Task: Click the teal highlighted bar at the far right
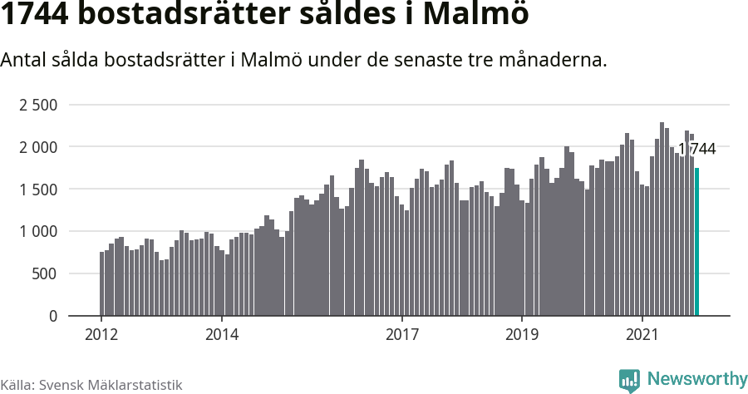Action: point(697,242)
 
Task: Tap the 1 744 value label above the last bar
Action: point(696,149)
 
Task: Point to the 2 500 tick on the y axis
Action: point(38,105)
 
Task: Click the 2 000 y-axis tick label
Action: point(38,147)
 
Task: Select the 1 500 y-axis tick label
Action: point(38,190)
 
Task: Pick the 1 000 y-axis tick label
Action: point(38,232)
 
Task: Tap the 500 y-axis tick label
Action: point(45,274)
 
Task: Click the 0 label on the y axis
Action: point(53,317)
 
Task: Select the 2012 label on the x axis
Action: point(101,334)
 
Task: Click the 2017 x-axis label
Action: point(402,334)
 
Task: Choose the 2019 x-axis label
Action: point(522,334)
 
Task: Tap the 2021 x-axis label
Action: point(642,334)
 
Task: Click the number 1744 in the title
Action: point(36,16)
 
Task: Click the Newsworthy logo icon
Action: point(629,380)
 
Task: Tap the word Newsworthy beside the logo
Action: point(696,379)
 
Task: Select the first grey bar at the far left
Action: point(102,283)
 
